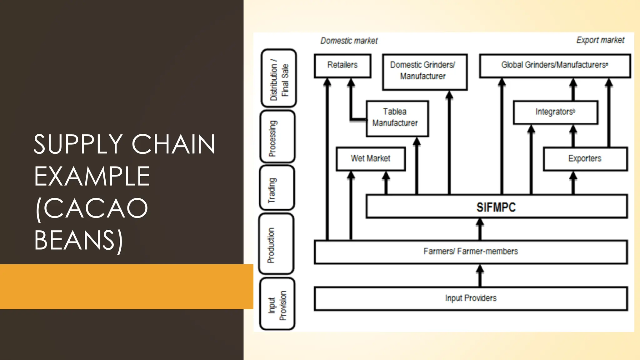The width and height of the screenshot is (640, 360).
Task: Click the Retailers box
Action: click(342, 65)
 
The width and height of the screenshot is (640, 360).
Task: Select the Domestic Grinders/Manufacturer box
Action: click(424, 72)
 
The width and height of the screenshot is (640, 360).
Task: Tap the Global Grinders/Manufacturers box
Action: click(555, 65)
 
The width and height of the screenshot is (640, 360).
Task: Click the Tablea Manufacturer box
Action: click(397, 118)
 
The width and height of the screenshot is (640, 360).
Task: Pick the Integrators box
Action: click(555, 112)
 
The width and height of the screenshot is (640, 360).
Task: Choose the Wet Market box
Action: click(371, 159)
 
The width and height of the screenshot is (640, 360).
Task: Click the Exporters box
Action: click(585, 159)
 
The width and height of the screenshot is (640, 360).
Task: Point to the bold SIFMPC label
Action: click(496, 207)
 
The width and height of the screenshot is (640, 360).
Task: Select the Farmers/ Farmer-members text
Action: click(471, 251)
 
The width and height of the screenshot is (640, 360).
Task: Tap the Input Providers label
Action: click(471, 298)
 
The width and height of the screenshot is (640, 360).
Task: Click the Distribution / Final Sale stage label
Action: click(278, 78)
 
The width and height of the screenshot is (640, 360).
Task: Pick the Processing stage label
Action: click(277, 137)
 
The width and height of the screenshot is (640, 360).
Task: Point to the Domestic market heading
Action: click(349, 41)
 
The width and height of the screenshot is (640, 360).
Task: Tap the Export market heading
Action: click(600, 40)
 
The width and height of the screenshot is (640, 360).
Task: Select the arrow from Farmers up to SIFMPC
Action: click(480, 229)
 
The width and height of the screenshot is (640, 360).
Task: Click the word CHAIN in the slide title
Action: click(173, 144)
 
